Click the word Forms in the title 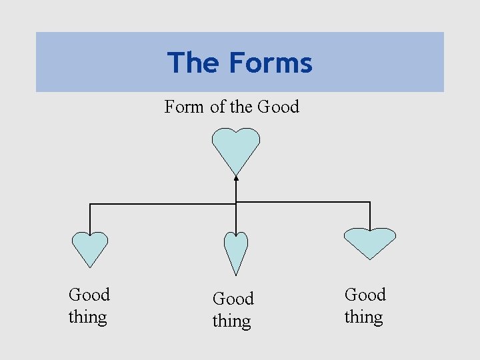click(x=271, y=63)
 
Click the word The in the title click(x=194, y=63)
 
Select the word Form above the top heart click(x=184, y=107)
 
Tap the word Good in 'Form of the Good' click(x=278, y=107)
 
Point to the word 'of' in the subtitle click(x=217, y=107)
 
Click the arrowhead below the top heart click(x=236, y=177)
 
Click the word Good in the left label click(x=89, y=295)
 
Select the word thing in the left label click(x=87, y=317)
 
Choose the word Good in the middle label click(x=233, y=299)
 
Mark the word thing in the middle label click(x=231, y=321)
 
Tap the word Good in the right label click(x=365, y=295)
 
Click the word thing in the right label click(x=363, y=317)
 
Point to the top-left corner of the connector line click(x=90, y=203)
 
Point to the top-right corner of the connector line click(x=370, y=201)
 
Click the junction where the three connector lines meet click(x=236, y=202)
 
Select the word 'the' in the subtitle click(x=241, y=107)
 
